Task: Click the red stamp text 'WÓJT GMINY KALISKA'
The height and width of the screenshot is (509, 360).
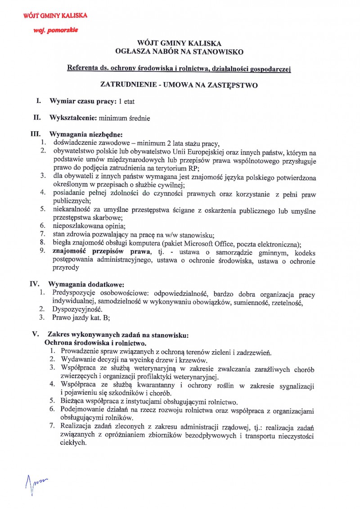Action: [55, 16]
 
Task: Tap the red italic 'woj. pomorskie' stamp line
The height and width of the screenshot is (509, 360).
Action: [55, 30]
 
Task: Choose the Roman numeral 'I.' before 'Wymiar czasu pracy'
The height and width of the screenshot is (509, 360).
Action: [39, 101]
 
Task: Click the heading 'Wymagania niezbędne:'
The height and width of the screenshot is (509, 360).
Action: [85, 134]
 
